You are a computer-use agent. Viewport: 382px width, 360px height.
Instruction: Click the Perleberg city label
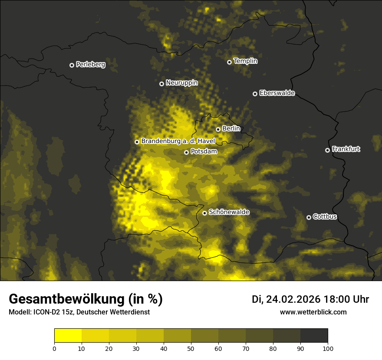pos(90,65)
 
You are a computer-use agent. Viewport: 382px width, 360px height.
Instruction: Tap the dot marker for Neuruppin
pos(161,84)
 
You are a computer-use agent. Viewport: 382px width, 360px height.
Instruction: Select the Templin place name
pos(245,61)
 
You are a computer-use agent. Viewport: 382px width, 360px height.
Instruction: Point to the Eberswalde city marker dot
pos(255,94)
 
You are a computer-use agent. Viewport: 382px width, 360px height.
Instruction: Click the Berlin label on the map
pos(231,128)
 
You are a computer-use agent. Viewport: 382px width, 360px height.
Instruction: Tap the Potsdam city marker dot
pos(186,152)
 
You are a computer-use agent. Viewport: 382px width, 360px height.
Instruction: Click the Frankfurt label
pos(346,149)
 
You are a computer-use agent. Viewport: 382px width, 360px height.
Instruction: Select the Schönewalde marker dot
pos(204,213)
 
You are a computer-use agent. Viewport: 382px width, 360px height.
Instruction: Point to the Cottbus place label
pos(325,216)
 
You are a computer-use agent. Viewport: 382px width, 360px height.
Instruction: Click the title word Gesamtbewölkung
pos(65,299)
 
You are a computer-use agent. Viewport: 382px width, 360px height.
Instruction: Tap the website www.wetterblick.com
pos(313,312)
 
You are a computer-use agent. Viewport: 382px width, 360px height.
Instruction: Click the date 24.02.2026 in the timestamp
pos(293,299)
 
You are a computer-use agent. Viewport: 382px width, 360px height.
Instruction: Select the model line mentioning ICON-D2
pos(79,312)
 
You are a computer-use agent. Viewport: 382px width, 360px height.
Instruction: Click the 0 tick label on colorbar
pos(54,348)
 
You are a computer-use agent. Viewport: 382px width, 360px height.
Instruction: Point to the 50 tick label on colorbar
pos(191,348)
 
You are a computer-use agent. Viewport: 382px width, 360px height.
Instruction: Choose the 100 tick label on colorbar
pos(328,348)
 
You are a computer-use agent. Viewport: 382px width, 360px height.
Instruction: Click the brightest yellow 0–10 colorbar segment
pos(68,336)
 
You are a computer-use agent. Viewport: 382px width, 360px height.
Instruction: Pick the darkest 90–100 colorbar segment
pos(314,336)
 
